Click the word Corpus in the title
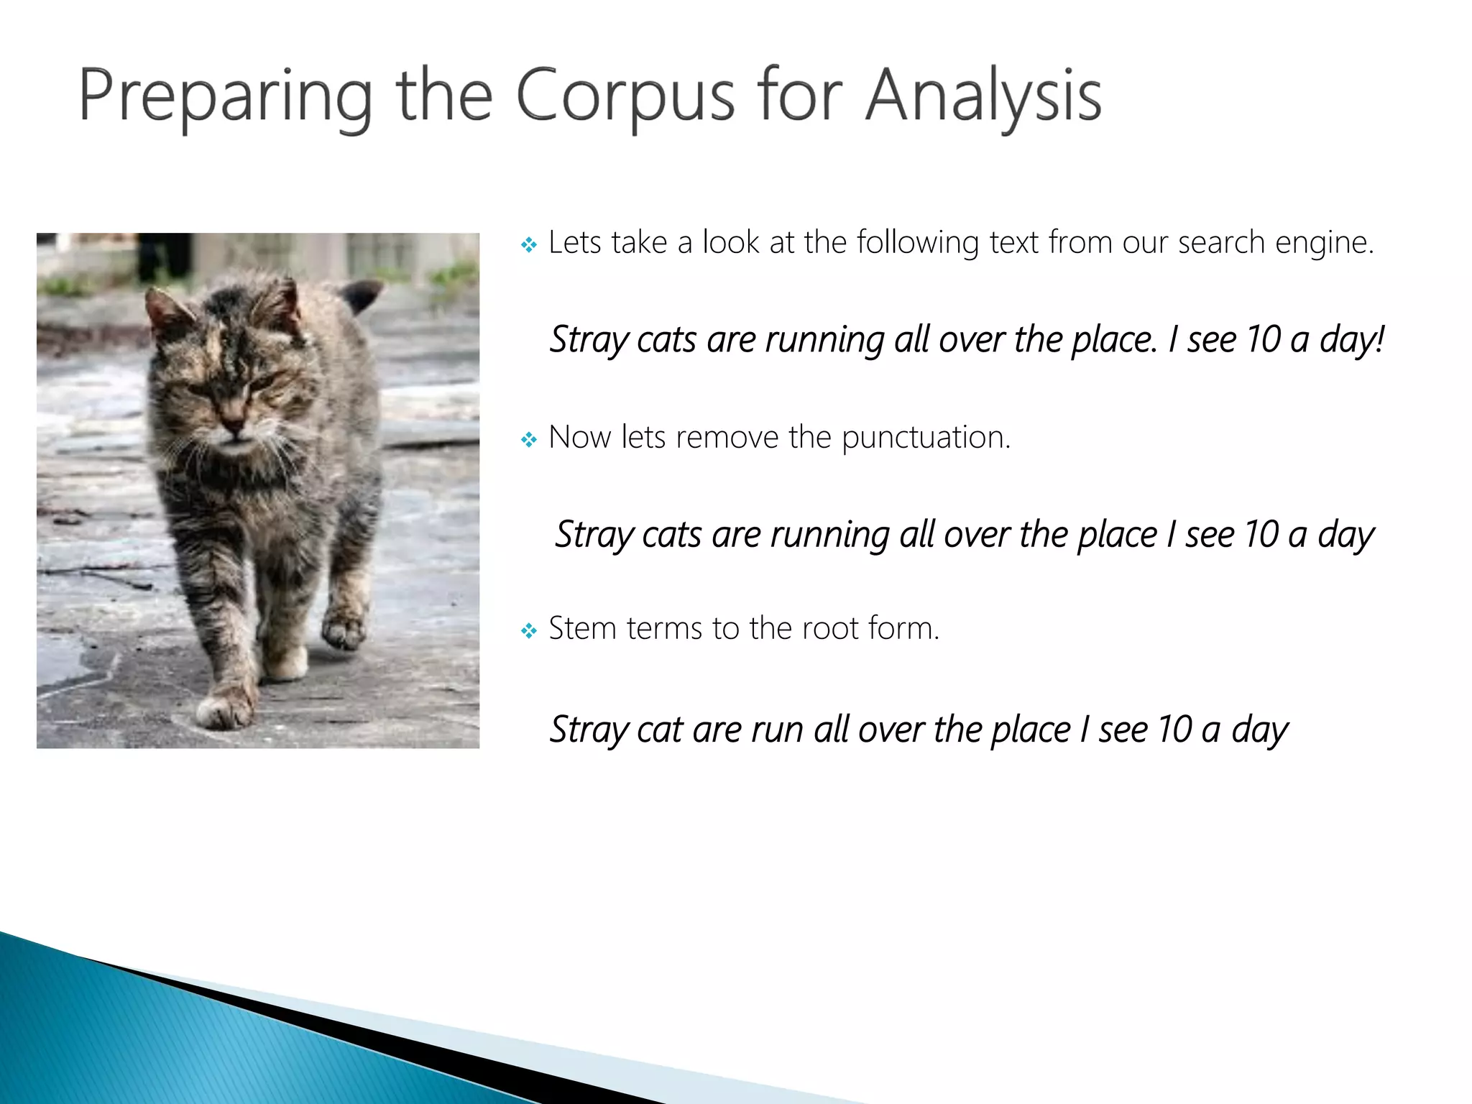point(625,96)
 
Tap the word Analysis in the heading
point(983,96)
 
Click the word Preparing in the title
point(225,96)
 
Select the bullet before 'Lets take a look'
point(529,246)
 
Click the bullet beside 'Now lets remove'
point(529,439)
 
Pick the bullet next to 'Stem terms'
point(529,631)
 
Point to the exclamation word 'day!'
point(1351,340)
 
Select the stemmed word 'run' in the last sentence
point(776,730)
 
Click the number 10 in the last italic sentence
point(1174,730)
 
